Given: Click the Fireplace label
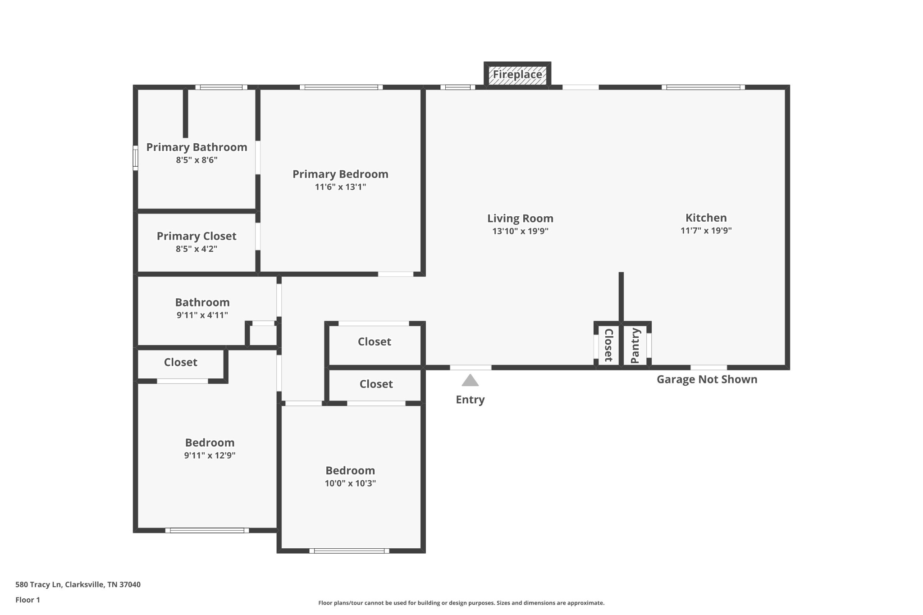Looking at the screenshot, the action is coord(517,74).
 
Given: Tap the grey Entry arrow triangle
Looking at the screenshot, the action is coord(470,380).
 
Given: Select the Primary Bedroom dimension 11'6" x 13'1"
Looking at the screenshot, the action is coord(340,187).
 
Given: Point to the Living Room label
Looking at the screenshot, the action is coord(520,219).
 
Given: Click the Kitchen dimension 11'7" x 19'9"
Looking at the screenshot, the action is coord(706,231).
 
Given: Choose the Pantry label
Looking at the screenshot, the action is coord(635,346).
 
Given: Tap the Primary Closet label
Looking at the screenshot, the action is coord(196,236).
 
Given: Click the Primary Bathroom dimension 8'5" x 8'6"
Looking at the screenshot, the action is coord(196,160).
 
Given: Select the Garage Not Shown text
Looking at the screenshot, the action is coord(707,379).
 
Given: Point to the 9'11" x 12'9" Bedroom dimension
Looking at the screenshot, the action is coord(210,456).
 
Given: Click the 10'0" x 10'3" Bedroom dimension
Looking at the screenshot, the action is coord(350,483).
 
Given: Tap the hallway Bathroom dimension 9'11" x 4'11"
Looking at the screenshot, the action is coord(202,315).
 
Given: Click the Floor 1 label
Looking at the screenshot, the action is coord(27,600).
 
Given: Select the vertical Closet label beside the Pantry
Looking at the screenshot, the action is coord(608,345).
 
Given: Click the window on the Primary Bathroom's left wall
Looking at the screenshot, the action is coord(135,158).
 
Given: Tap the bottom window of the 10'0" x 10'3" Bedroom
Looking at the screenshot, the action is coord(349,551).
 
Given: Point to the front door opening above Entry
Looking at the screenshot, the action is coord(471,368).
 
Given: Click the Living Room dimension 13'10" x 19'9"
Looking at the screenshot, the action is coord(520,232).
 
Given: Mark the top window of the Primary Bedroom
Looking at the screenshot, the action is coord(341,87).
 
